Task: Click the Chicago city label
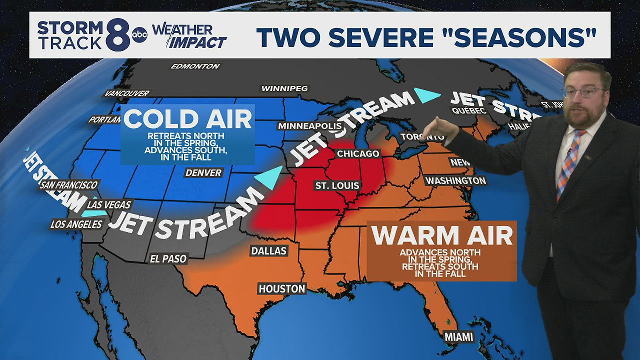[358, 154]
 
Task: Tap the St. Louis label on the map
[337, 186]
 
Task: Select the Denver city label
[203, 173]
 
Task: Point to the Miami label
[459, 337]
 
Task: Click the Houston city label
[282, 289]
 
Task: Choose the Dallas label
[269, 251]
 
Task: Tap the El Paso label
[168, 259]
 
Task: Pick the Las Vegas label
[109, 205]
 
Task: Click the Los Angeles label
[76, 224]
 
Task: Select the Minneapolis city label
[310, 126]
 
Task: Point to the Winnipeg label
[284, 89]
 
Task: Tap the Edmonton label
[195, 66]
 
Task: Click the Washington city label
[456, 181]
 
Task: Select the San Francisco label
[69, 185]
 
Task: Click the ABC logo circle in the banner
[139, 35]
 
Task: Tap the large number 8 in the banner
[118, 35]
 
